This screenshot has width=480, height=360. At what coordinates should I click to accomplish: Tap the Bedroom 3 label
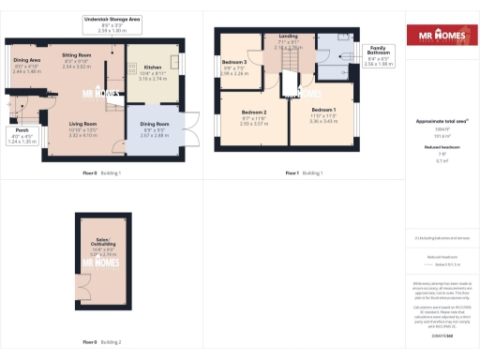(x=234, y=67)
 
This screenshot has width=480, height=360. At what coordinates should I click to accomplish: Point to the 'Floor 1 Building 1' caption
(x=304, y=173)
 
